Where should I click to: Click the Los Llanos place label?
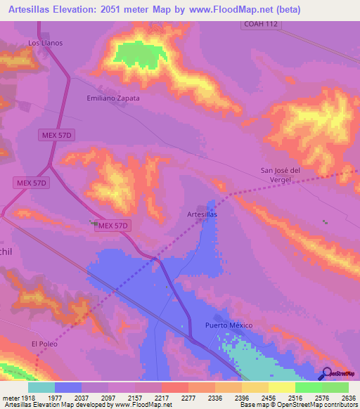pos(45,43)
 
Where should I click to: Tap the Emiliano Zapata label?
pos(112,98)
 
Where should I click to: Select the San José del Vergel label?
pos(281,174)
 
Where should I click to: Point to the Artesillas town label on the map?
pos(202,214)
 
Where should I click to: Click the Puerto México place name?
pos(227,325)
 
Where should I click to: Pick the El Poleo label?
pos(43,344)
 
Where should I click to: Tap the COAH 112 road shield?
pos(262,25)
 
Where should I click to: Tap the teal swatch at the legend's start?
pos(41,387)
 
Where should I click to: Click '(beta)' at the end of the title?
pos(288,10)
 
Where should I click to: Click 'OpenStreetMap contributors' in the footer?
pos(316,405)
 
